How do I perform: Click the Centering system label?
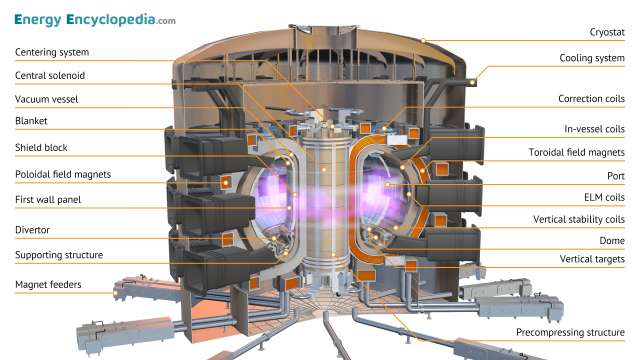(x=52, y=52)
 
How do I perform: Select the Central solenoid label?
(x=49, y=76)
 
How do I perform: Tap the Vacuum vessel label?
(x=46, y=99)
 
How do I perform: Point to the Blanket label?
(x=32, y=123)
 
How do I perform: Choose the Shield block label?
(x=41, y=147)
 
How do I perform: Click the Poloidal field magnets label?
(x=62, y=174)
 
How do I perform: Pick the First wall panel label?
(x=48, y=199)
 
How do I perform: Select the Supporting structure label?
(x=58, y=255)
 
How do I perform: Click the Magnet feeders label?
(x=48, y=285)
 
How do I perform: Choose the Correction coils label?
(x=591, y=99)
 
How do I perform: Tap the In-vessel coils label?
(x=593, y=129)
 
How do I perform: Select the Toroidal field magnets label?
(x=577, y=152)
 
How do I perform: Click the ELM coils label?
(x=600, y=197)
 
